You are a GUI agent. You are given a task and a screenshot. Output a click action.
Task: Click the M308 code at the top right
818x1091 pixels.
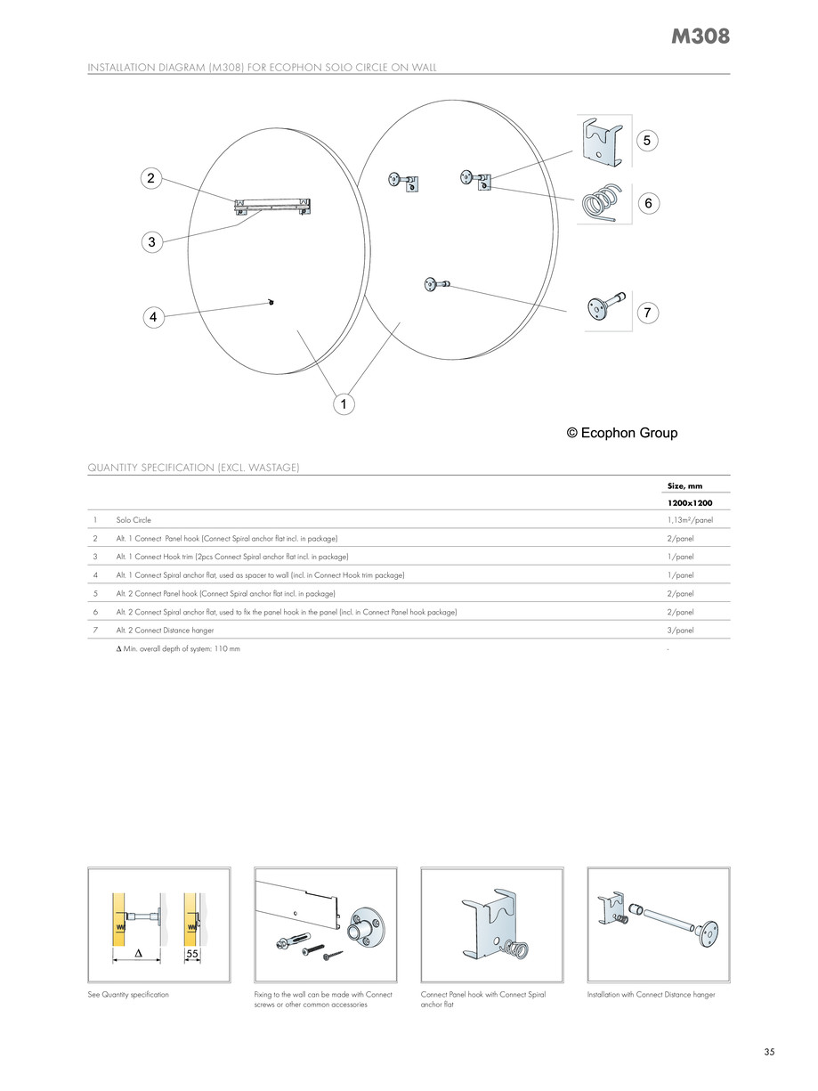point(700,37)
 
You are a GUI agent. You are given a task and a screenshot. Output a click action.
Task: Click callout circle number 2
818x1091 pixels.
point(151,178)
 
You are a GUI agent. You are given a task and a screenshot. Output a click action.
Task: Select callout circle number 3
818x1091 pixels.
point(151,241)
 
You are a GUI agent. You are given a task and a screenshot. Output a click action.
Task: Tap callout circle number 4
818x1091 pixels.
point(153,316)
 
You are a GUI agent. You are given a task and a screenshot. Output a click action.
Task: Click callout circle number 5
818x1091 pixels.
point(647,140)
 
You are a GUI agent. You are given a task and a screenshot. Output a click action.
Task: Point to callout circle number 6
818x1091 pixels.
point(648,203)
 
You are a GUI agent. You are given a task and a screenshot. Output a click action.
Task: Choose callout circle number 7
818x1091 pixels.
point(647,313)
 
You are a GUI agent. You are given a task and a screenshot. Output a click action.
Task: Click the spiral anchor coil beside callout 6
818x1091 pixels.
point(602,203)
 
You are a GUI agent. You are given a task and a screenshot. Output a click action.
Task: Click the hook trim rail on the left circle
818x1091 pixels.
point(271,208)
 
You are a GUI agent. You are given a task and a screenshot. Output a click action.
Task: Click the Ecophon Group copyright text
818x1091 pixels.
point(622,433)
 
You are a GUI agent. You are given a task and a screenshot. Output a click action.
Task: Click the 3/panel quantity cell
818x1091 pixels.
point(681,630)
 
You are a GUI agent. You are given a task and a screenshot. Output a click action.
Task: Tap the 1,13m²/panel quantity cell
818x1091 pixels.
point(690,519)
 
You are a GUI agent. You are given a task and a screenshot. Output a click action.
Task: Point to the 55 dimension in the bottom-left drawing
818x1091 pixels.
point(191,954)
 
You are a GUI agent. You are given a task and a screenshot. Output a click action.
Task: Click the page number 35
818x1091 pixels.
point(769,1052)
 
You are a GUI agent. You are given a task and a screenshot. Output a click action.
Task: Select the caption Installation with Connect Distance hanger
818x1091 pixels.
point(651,994)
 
